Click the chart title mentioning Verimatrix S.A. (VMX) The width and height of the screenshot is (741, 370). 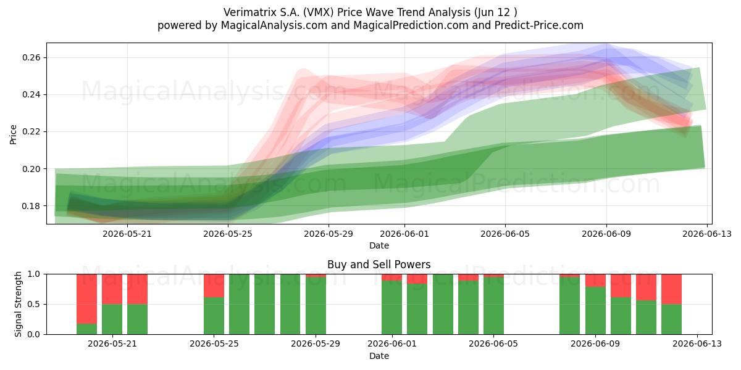point(370,12)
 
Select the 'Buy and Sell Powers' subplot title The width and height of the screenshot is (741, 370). point(379,265)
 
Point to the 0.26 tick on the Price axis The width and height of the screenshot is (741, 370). point(31,57)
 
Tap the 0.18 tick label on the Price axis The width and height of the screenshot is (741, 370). point(31,206)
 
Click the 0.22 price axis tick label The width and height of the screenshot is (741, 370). point(31,131)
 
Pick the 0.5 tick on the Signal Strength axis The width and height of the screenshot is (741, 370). point(34,304)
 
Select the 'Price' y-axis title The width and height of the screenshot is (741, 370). point(13,134)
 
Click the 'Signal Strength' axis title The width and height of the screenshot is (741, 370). point(18,304)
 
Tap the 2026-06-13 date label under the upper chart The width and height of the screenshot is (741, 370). point(707,234)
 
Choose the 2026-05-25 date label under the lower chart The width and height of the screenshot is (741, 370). point(214,343)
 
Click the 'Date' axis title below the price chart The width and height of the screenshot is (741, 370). point(379,245)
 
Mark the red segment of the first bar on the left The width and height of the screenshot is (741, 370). point(86,298)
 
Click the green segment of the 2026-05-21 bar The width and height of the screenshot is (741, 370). point(112,319)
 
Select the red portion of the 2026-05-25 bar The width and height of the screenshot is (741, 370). point(214,286)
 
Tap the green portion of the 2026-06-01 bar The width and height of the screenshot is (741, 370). point(392,307)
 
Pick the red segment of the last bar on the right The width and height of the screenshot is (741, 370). point(672,289)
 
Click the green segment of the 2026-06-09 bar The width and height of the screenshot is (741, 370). point(595,310)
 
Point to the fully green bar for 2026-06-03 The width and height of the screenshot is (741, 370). point(443,304)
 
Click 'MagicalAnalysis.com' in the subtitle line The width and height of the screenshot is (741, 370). point(274,25)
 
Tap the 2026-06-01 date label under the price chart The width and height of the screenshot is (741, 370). point(404,234)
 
